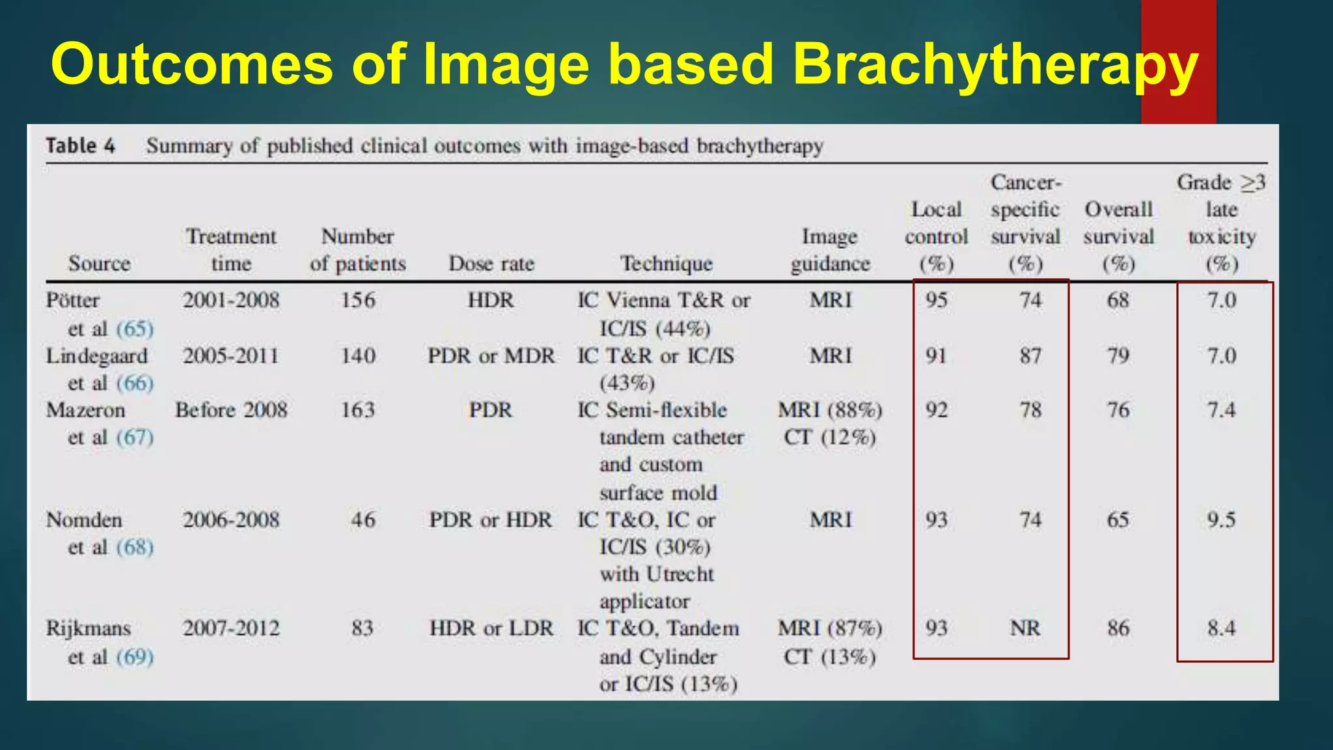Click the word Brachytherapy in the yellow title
pyautogui.click(x=995, y=65)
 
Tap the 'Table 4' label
pyautogui.click(x=80, y=146)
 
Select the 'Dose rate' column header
pyautogui.click(x=491, y=264)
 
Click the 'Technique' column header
pyautogui.click(x=666, y=264)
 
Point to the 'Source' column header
pyautogui.click(x=99, y=264)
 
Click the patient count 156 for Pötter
pyautogui.click(x=358, y=300)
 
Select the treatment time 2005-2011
pyautogui.click(x=230, y=356)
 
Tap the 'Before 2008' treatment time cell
pyautogui.click(x=231, y=410)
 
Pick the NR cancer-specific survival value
pyautogui.click(x=1025, y=628)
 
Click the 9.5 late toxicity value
pyautogui.click(x=1221, y=520)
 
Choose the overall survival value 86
pyautogui.click(x=1118, y=628)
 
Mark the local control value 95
pyautogui.click(x=936, y=300)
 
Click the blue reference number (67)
pyautogui.click(x=135, y=437)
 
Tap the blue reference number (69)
pyautogui.click(x=135, y=657)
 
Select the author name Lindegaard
pyautogui.click(x=96, y=356)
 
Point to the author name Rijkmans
pyautogui.click(x=89, y=628)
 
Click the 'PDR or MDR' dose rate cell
pyautogui.click(x=491, y=356)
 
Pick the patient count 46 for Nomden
pyautogui.click(x=363, y=520)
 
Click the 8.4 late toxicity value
pyautogui.click(x=1221, y=628)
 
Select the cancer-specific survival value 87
pyautogui.click(x=1030, y=356)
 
